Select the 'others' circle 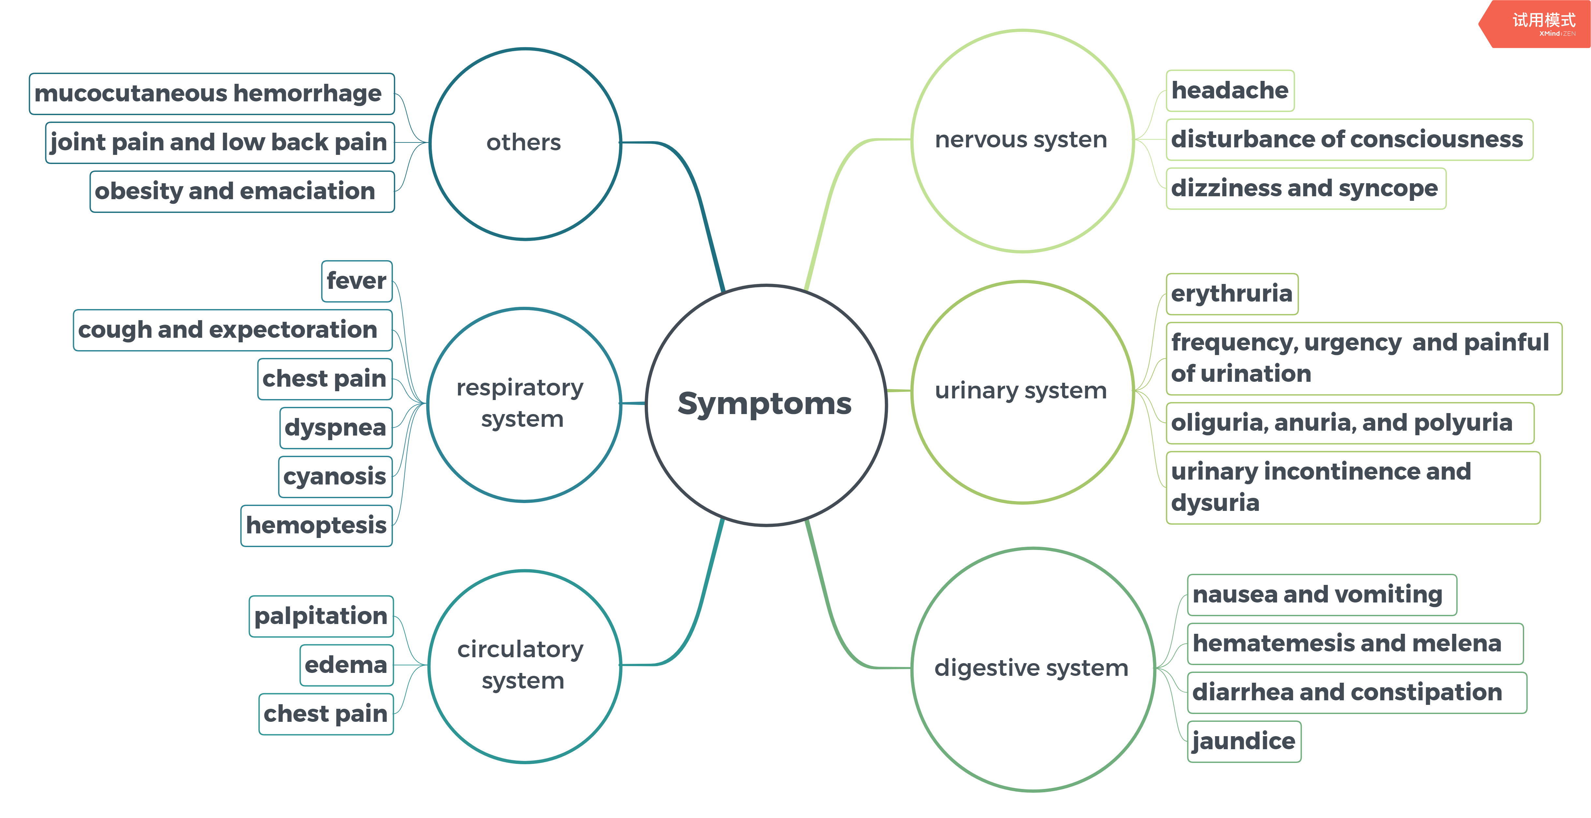point(524,142)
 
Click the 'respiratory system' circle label point(521,403)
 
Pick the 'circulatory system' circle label point(521,665)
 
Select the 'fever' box point(356,281)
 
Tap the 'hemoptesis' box point(316,525)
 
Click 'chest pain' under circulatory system point(325,714)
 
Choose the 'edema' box point(346,665)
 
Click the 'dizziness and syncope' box point(1304,188)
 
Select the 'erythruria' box point(1232,294)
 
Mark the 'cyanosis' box point(335,477)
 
